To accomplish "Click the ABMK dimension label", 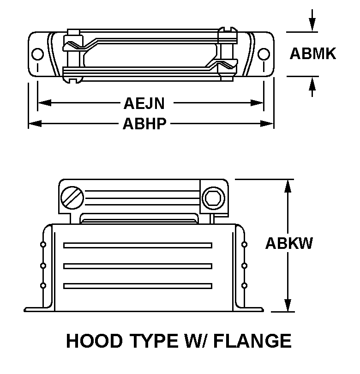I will pyautogui.click(x=312, y=54).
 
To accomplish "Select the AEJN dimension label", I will pyautogui.click(x=144, y=103).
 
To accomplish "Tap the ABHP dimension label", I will pyautogui.click(x=144, y=124).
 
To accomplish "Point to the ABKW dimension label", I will pyautogui.click(x=289, y=243).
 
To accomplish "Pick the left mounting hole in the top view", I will pyautogui.click(x=37, y=54).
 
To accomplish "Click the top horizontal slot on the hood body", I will pyautogui.click(x=138, y=245).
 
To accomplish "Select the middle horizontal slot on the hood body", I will pyautogui.click(x=138, y=265).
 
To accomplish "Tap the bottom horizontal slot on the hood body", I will pyautogui.click(x=138, y=286).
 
